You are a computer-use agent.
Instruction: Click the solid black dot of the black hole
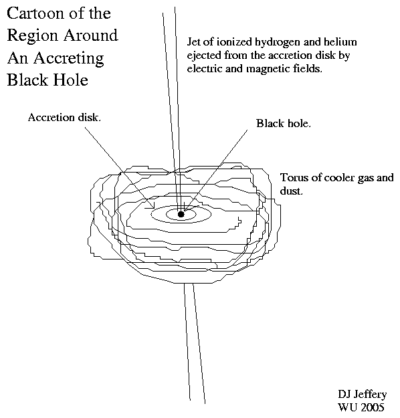click(181, 214)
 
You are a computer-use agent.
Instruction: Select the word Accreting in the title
click(68, 59)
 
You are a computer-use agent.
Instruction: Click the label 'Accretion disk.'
click(64, 118)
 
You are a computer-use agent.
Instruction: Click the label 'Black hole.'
click(284, 124)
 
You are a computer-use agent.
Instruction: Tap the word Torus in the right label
click(294, 177)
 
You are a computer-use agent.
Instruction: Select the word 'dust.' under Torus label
click(291, 191)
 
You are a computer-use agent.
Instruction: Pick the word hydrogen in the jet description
click(278, 43)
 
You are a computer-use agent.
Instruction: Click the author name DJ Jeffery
click(362, 395)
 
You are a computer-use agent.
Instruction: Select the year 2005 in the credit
click(373, 407)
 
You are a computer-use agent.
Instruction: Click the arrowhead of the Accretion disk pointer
click(153, 207)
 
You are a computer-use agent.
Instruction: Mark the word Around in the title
click(92, 35)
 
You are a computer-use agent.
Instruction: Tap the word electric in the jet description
click(205, 68)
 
